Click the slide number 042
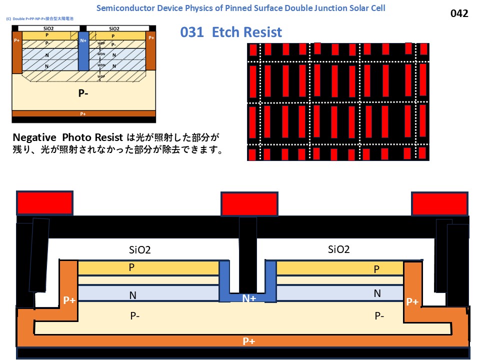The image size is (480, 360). (x=459, y=13)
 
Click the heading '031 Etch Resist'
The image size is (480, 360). (x=231, y=32)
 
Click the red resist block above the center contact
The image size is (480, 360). (x=249, y=204)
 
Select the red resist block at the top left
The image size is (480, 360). (x=44, y=203)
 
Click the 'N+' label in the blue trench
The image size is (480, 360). (x=249, y=298)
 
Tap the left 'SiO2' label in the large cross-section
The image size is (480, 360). (x=139, y=249)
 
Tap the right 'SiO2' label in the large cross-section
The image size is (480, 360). (x=338, y=249)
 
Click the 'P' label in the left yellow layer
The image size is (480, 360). (x=131, y=267)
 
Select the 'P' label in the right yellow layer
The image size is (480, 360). (x=376, y=269)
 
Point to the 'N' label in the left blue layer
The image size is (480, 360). (x=132, y=295)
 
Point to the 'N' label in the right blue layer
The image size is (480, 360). (x=377, y=293)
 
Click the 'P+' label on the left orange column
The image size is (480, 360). (x=69, y=300)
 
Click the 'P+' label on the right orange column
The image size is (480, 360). (x=412, y=301)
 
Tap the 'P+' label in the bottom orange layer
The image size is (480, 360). (x=249, y=341)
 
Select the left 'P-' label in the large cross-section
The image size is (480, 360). (x=135, y=315)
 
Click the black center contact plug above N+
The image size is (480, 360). (x=248, y=255)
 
